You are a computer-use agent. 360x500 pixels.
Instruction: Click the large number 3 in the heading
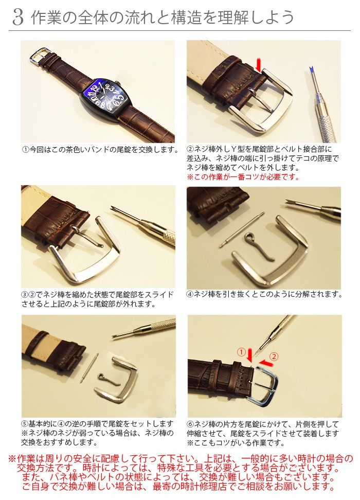18,17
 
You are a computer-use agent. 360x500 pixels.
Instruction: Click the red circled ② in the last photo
274,356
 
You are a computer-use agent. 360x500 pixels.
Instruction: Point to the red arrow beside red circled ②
265,363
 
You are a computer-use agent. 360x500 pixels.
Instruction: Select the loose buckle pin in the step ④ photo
258,245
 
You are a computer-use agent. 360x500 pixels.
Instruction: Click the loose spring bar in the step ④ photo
242,230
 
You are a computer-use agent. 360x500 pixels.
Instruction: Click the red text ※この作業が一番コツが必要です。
243,176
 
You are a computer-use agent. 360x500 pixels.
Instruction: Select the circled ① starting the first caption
26,150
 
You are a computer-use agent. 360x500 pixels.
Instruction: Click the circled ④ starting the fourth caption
190,294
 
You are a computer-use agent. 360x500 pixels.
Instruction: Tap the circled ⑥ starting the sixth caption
190,424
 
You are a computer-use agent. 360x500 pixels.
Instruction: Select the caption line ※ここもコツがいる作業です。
236,442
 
